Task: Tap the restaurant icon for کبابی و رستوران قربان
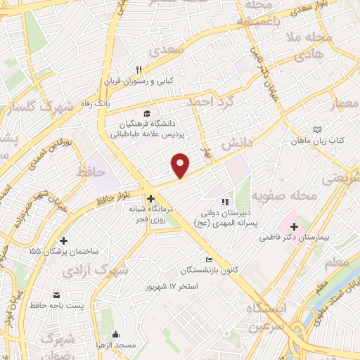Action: pos(139,70)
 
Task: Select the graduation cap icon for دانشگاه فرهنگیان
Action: pos(146,114)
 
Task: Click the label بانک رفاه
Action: pos(96,103)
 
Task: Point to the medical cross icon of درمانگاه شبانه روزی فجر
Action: pos(151,198)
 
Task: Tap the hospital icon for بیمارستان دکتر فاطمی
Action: pos(293,228)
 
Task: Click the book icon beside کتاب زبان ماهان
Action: pos(317,130)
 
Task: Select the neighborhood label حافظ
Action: pos(91,172)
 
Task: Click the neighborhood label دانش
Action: pos(239,143)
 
